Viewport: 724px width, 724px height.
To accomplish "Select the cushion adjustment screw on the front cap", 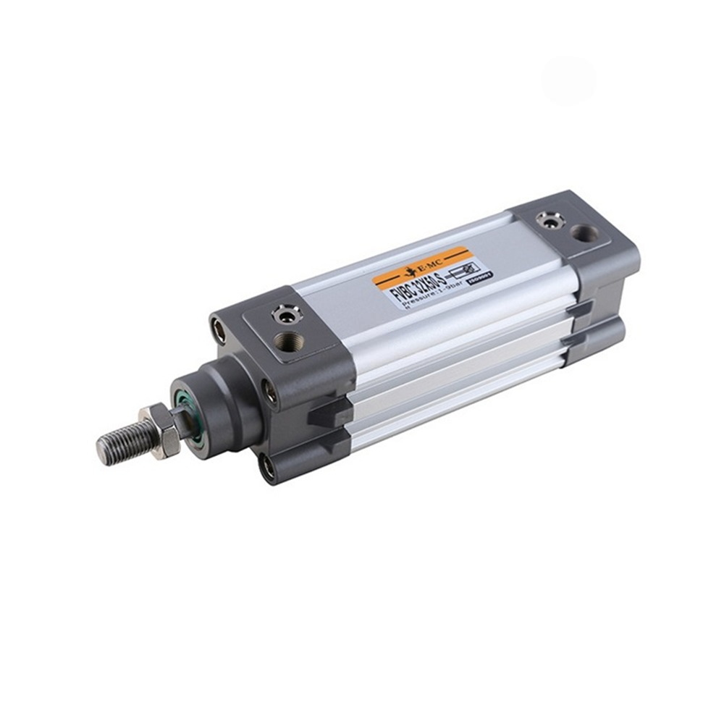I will (x=283, y=314).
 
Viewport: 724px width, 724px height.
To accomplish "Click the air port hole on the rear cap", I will (x=584, y=234).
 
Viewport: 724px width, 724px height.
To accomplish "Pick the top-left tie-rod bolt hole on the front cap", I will (x=218, y=330).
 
